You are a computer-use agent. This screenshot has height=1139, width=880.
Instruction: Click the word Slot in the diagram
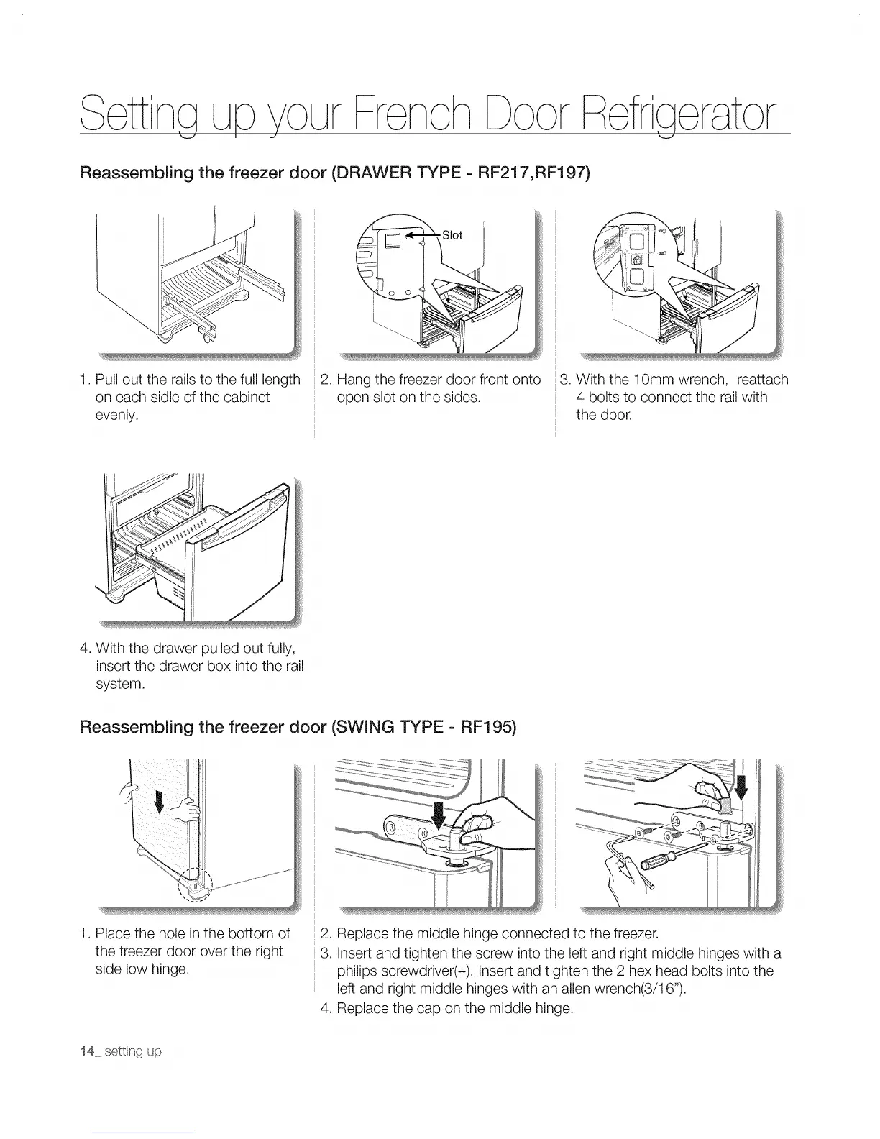pyautogui.click(x=452, y=235)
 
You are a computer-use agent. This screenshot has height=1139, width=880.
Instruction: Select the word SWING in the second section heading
pyautogui.click(x=361, y=726)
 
